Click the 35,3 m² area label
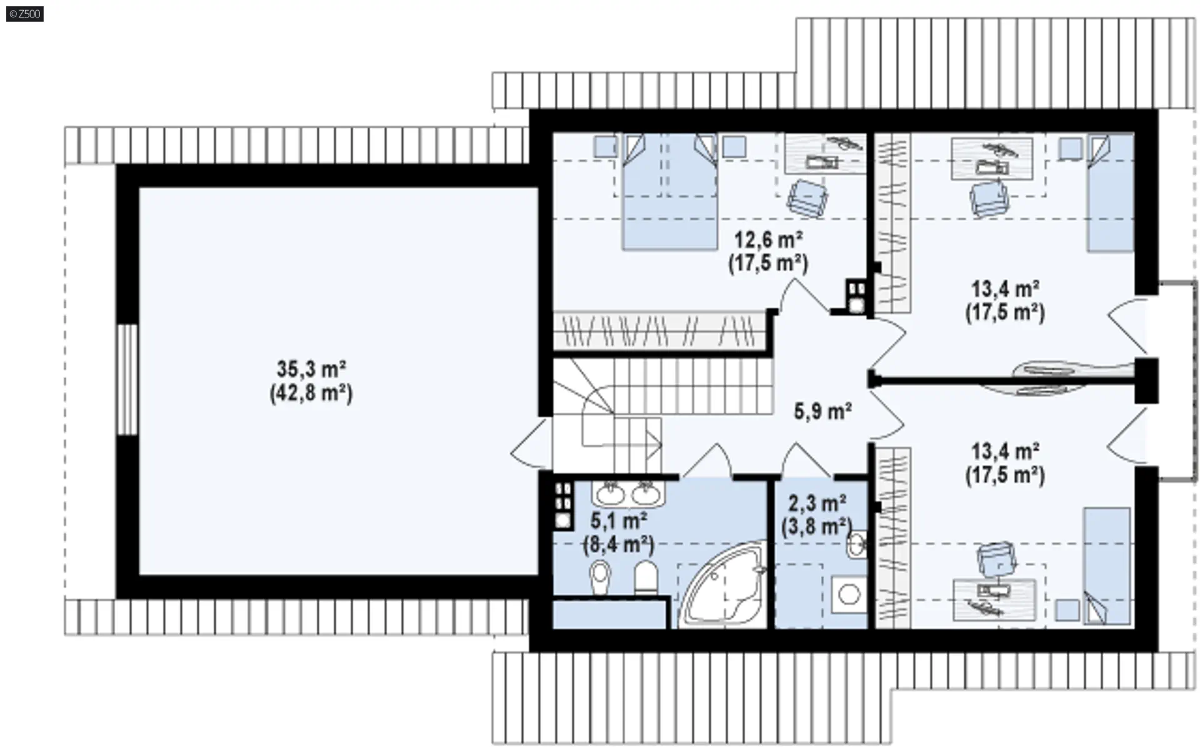[x=311, y=370]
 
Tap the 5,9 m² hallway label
[x=822, y=412]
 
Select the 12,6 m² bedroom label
[x=768, y=239]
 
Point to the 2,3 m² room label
[x=817, y=502]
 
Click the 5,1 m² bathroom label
[x=619, y=520]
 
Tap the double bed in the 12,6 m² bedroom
[x=669, y=192]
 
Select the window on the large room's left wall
[x=127, y=379]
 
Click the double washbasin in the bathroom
[x=628, y=494]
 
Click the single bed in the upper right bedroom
[x=1111, y=193]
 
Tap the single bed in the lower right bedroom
[x=1107, y=566]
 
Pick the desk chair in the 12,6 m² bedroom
[x=807, y=198]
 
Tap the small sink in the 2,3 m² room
[x=857, y=545]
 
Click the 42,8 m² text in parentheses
[x=311, y=394]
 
